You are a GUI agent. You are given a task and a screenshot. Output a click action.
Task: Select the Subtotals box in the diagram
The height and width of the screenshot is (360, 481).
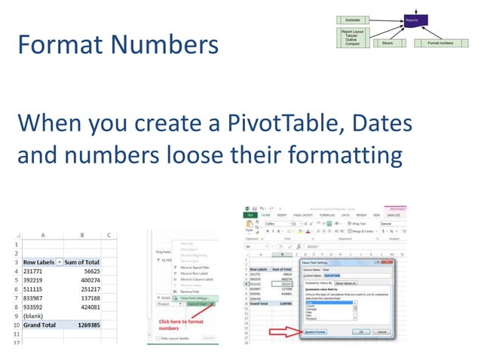click(352, 19)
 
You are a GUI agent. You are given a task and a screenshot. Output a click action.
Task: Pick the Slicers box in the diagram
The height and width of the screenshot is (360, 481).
click(388, 43)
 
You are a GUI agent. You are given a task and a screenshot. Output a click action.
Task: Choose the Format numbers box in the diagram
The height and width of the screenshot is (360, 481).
click(440, 43)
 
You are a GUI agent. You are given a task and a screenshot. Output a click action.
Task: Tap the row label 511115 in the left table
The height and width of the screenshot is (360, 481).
click(37, 288)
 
